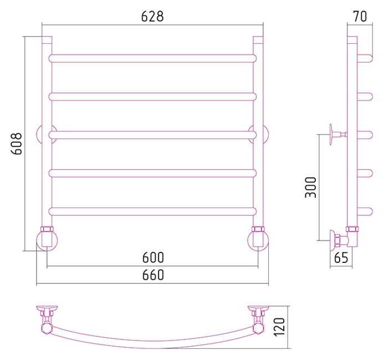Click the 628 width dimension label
152,17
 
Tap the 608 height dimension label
17,144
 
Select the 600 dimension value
153,257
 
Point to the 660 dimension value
153,275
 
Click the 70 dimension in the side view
360,17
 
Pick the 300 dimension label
311,187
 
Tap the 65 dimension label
341,257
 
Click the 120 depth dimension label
280,327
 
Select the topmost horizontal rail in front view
152,58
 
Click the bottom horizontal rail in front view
152,211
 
